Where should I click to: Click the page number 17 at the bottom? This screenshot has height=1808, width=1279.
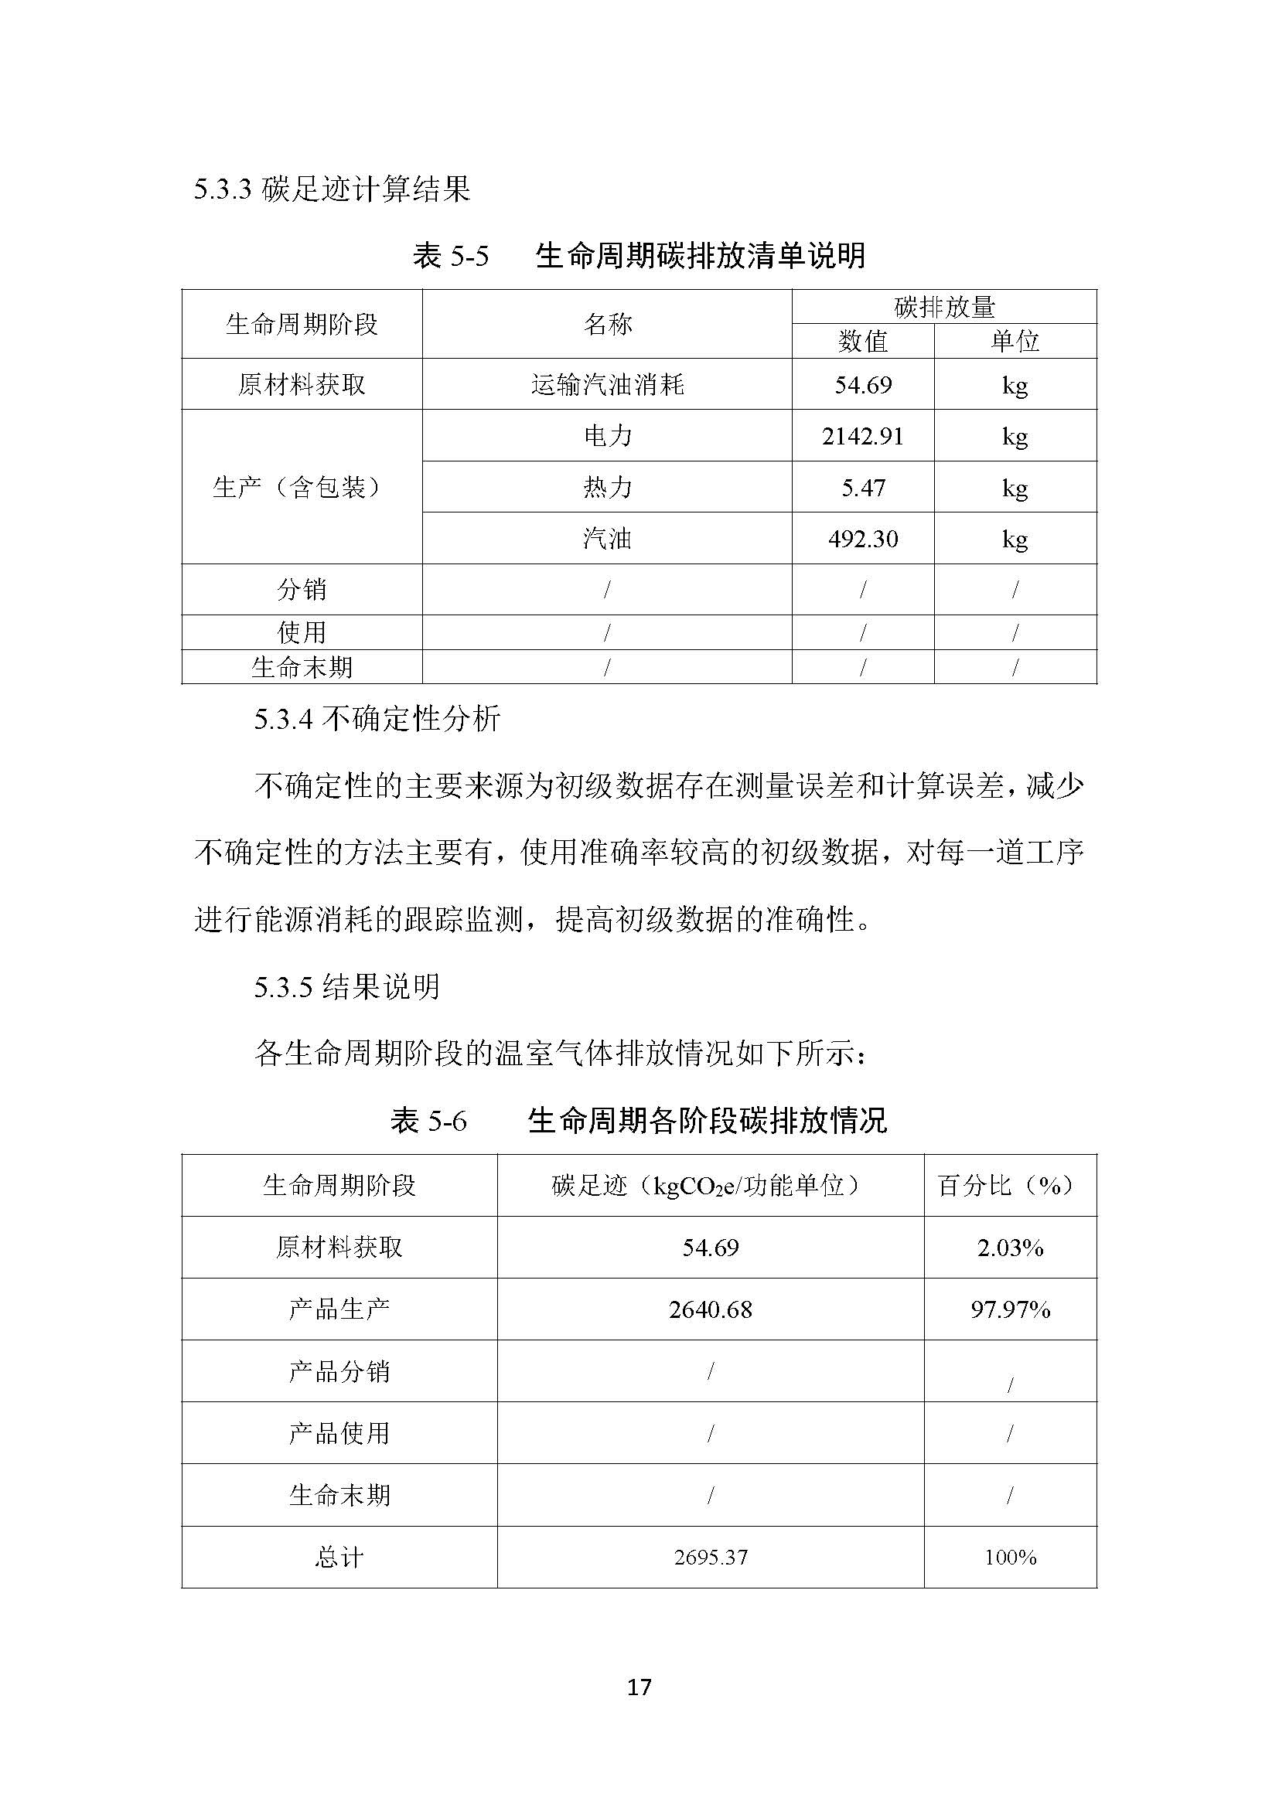coord(639,1686)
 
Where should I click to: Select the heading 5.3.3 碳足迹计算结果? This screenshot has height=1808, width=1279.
coord(332,189)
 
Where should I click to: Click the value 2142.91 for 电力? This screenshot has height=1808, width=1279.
coord(862,435)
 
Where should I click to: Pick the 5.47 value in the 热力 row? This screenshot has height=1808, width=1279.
coord(862,488)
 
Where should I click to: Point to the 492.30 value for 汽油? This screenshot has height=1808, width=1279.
coord(862,539)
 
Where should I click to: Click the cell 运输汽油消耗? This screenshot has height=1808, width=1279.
coord(607,385)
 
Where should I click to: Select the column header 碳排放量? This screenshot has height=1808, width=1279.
coord(944,307)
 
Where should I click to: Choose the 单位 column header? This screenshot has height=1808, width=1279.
coord(1015,341)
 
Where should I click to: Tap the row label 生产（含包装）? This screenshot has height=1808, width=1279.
coord(302,488)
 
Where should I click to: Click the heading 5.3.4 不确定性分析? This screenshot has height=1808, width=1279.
coord(377,719)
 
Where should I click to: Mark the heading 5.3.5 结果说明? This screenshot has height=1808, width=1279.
coord(346,986)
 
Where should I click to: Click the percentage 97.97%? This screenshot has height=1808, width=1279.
coord(1010,1309)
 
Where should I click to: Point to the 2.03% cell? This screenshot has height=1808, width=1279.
coord(1010,1248)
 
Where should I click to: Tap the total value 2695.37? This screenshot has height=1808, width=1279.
coord(711,1557)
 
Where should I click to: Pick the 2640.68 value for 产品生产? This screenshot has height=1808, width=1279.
coord(711,1309)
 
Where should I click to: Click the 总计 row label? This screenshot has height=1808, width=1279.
coord(339,1557)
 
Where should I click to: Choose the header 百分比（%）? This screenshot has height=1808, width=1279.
coord(1010,1186)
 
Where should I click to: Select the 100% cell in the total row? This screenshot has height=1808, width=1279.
coord(1010,1557)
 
